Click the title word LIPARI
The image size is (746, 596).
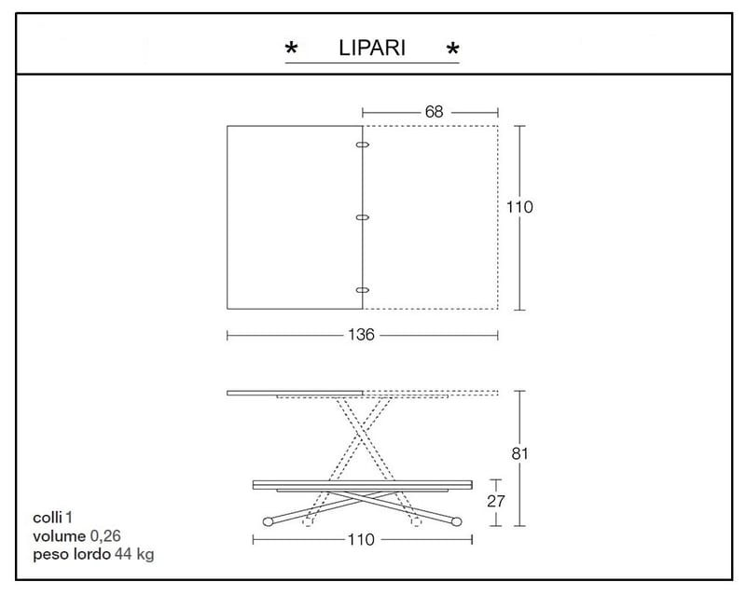click(372, 48)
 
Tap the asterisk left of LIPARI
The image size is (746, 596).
click(291, 49)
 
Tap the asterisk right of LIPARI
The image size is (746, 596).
click(453, 49)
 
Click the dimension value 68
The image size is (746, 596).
click(434, 112)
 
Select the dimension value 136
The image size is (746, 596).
click(361, 335)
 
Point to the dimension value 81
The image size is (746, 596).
click(519, 453)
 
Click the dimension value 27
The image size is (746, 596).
click(496, 501)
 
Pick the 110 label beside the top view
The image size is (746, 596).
click(519, 207)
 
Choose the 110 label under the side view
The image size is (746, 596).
click(361, 539)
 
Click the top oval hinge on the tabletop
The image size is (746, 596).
click(363, 145)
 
